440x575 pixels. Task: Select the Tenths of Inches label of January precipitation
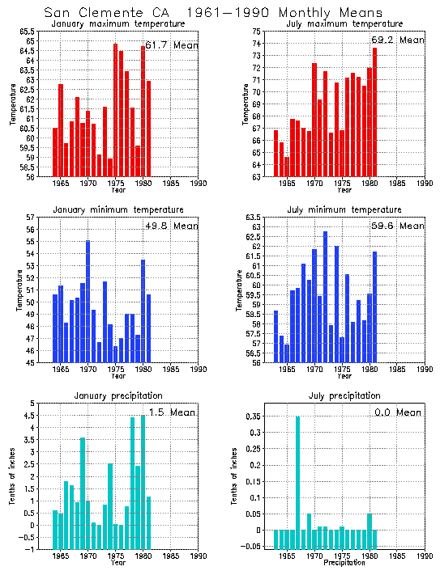click(13, 476)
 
